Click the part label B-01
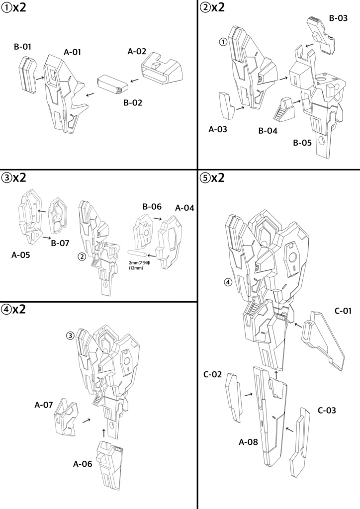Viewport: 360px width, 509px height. point(22,47)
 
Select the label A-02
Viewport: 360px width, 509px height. point(137,51)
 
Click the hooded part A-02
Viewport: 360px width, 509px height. point(164,69)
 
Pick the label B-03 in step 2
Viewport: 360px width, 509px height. point(338,18)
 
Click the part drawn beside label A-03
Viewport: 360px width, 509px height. point(228,106)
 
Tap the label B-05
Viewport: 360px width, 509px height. point(302,143)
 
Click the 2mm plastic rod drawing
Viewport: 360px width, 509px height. point(141,255)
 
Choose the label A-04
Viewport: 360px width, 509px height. point(184,207)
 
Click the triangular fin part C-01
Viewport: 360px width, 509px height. point(326,340)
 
